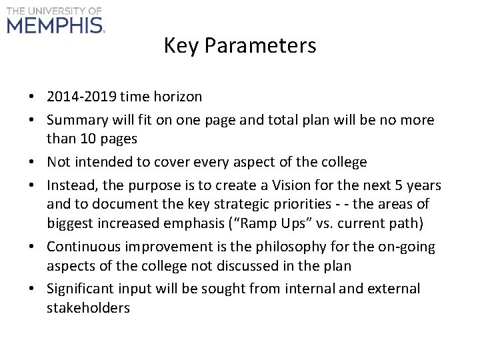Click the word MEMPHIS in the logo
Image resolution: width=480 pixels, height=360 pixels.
55,25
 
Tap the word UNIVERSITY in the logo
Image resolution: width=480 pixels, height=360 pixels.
55,11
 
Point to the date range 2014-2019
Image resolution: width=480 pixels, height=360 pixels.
82,97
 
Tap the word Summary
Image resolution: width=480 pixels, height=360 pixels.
76,121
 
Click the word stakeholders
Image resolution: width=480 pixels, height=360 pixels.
88,307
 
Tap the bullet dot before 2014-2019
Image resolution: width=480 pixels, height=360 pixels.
32,97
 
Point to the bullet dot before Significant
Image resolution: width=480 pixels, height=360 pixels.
32,289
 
